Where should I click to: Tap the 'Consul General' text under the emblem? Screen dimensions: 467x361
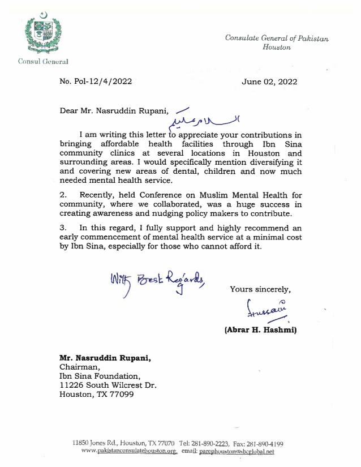tap(43, 61)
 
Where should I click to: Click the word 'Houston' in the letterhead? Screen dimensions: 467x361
tap(277, 48)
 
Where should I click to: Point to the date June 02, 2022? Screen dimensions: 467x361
tap(269, 81)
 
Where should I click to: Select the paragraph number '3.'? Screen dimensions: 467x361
tap(63, 227)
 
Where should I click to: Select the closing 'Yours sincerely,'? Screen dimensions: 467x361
tap(260, 289)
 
